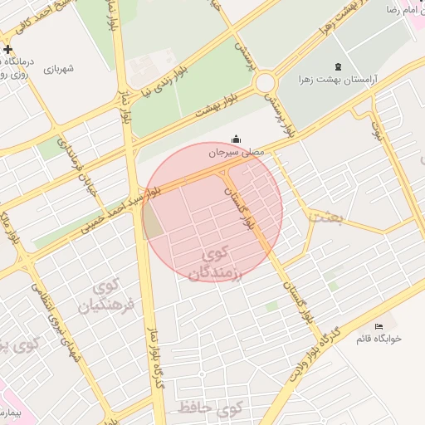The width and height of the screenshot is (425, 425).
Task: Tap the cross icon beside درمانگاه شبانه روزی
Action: (8, 49)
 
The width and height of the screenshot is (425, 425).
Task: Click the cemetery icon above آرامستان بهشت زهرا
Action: (337, 66)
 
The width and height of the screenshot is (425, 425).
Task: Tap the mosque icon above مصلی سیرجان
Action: (237, 140)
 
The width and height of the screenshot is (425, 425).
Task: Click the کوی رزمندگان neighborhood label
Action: (214, 261)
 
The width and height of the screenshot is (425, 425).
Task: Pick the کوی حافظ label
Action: (208, 408)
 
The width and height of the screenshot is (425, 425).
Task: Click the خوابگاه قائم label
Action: (379, 338)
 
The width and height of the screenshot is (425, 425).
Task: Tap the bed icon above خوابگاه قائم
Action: (379, 325)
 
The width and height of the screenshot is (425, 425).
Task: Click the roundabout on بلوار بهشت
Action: (266, 83)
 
